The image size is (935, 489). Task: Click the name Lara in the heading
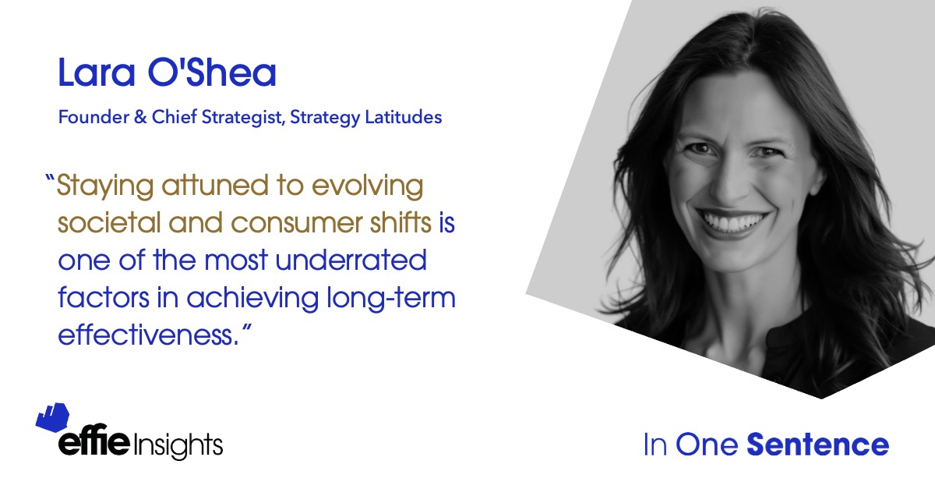pos(97,73)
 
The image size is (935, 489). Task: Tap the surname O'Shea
pos(212,73)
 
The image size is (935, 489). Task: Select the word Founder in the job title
pos(94,117)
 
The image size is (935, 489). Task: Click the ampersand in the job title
pos(140,117)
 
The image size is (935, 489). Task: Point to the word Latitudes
pos(404,117)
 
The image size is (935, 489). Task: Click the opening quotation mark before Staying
pos(50,179)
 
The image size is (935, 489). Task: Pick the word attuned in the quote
pos(215,185)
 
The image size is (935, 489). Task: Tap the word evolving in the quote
pos(367,186)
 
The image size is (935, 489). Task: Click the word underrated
pos(351,260)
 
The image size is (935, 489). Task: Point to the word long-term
pos(391,299)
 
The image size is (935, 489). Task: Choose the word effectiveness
pos(149,335)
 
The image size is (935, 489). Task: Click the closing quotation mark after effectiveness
pos(247,328)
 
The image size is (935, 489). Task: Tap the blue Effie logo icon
pos(53,417)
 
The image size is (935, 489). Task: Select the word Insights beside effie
pos(178,445)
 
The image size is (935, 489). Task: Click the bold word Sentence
pos(817,445)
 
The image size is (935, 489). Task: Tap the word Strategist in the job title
pos(242,118)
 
